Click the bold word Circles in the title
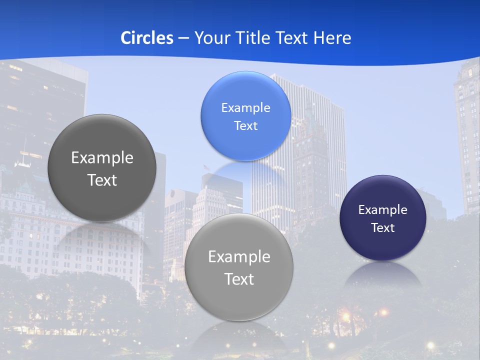point(146,38)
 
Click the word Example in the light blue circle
point(245,107)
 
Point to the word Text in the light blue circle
point(245,125)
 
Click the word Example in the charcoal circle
point(102,158)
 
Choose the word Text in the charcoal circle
point(102,180)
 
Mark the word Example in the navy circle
point(383,209)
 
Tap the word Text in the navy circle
point(383,227)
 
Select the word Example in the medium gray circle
point(239,257)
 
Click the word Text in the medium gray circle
point(239,279)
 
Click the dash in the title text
point(183,38)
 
